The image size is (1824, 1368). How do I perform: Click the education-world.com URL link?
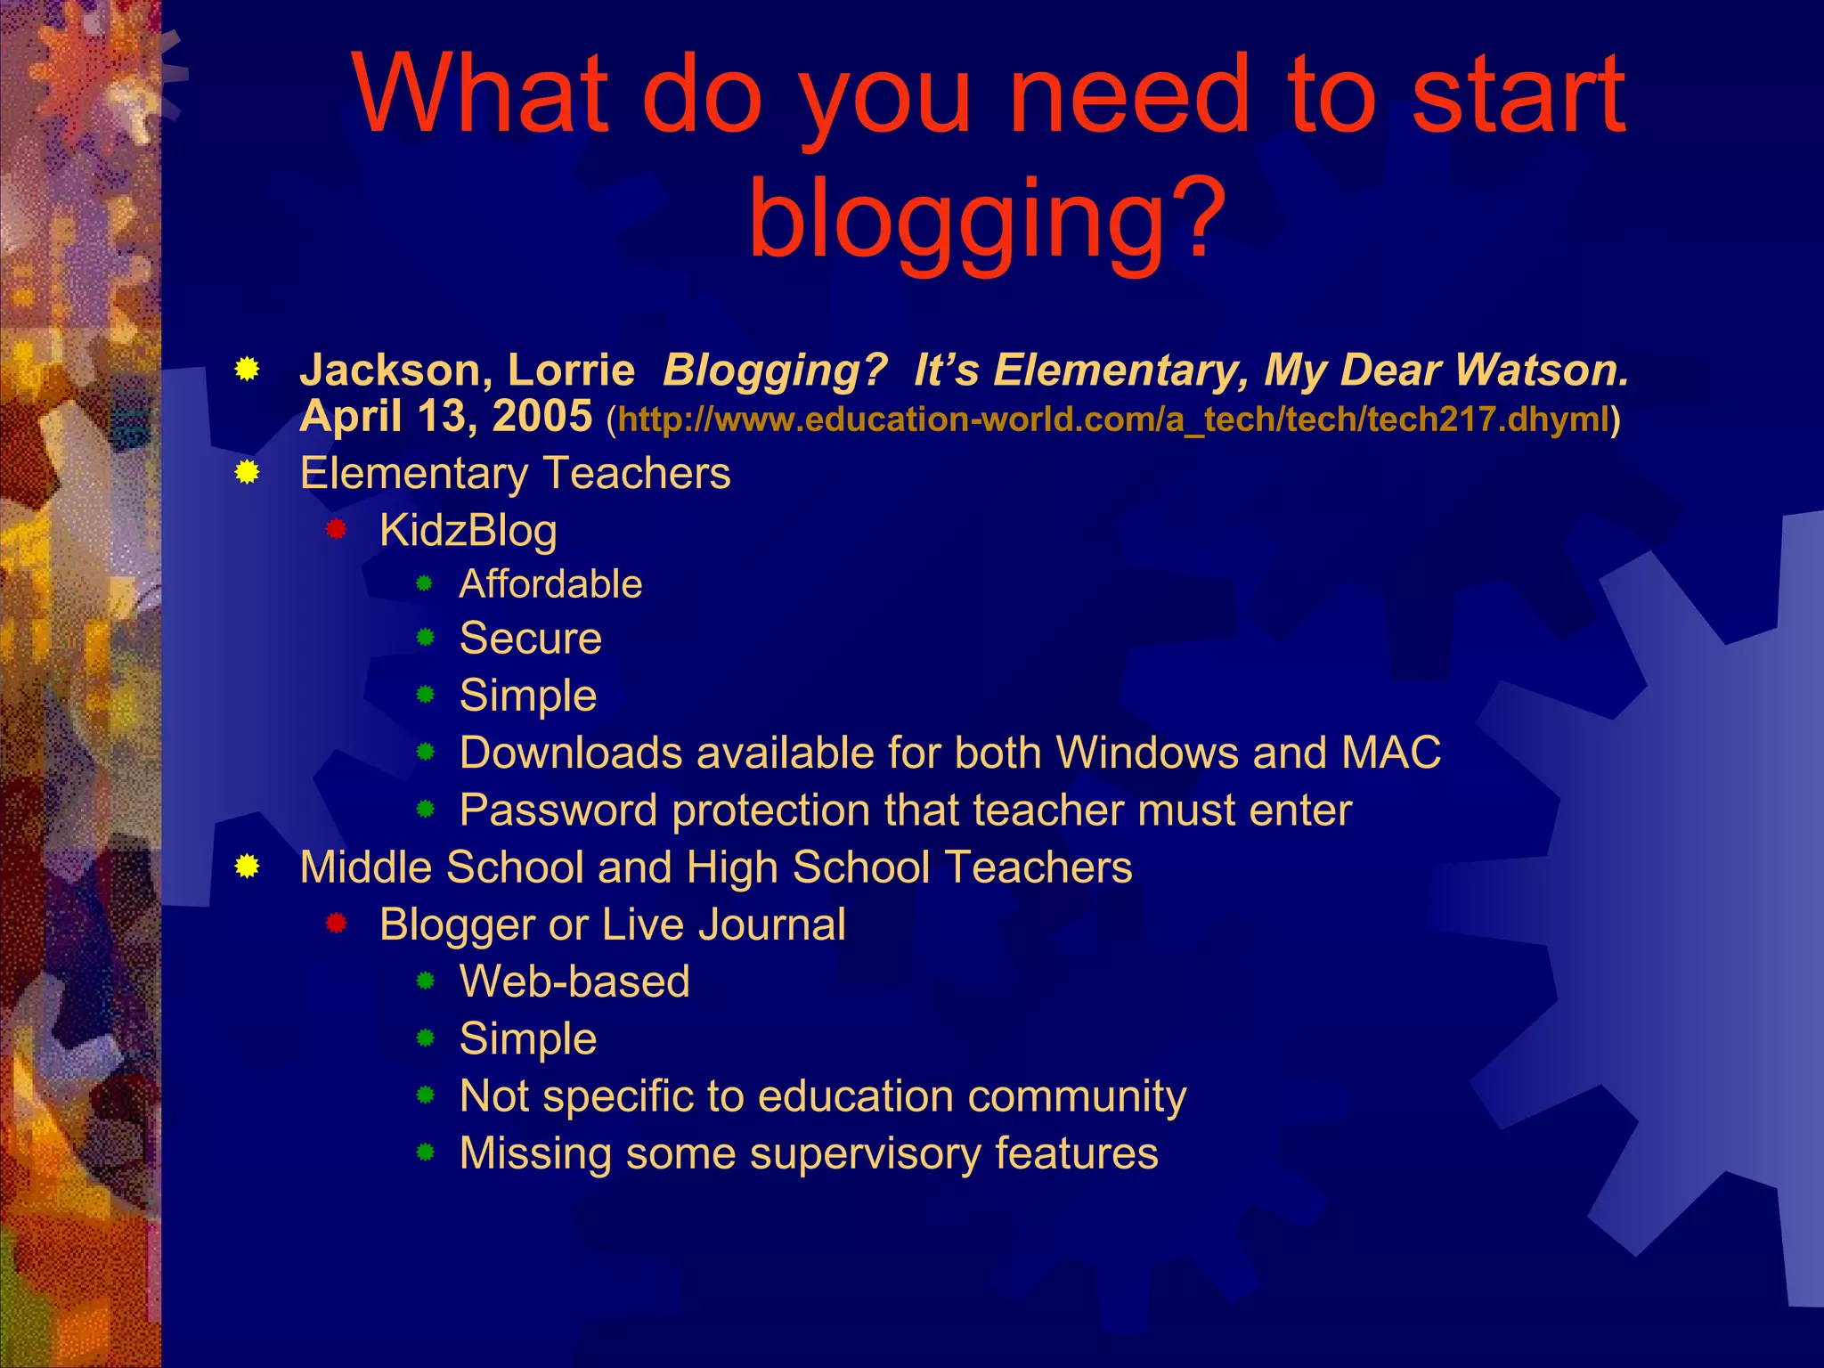tap(1113, 419)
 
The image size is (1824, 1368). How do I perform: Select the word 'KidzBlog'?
tap(468, 530)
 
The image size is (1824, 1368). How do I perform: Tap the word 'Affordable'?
tap(550, 584)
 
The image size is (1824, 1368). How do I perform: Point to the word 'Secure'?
tap(531, 639)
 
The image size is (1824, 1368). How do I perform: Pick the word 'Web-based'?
tap(574, 981)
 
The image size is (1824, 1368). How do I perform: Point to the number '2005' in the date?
tap(542, 416)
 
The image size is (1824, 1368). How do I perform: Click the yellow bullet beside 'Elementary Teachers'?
tap(247, 473)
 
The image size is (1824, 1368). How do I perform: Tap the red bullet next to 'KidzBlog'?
tap(336, 530)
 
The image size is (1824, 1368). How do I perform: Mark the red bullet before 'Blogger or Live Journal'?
tap(336, 924)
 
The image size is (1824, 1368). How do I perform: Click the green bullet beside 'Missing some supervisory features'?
tap(426, 1153)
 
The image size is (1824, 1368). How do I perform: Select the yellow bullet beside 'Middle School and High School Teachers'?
tap(247, 867)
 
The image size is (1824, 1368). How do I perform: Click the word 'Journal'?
tap(772, 924)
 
